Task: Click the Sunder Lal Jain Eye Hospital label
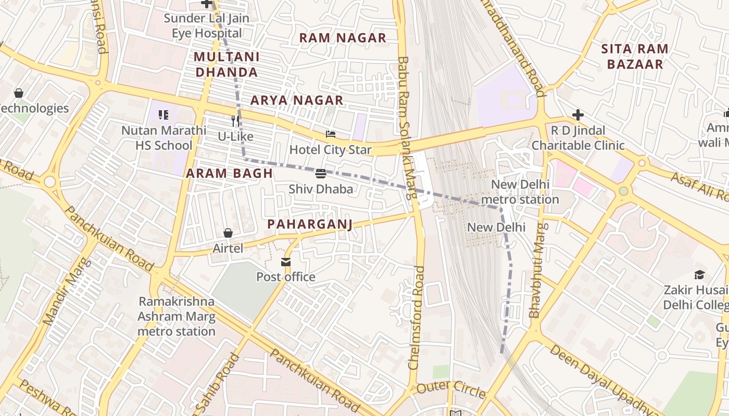207,26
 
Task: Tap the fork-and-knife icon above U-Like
235,121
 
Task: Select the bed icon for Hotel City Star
331,134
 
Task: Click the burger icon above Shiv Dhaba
321,173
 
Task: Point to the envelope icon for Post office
286,262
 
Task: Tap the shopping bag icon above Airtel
228,232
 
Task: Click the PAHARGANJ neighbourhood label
310,224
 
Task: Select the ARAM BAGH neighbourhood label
230,174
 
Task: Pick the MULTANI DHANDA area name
227,64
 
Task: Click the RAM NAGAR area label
343,38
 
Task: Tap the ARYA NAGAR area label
297,100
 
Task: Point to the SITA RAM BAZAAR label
634,57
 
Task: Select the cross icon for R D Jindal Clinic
577,115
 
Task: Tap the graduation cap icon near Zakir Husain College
699,275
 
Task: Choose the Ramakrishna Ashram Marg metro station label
177,316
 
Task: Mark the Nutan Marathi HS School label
164,138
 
